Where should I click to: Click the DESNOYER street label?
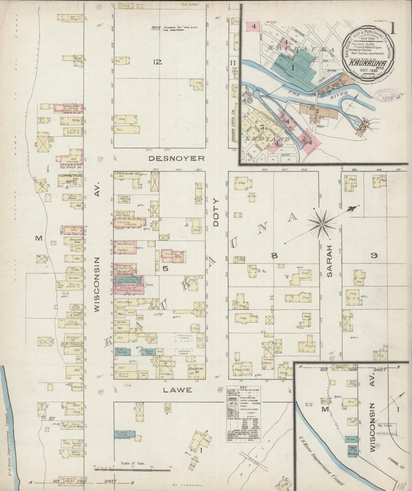tap(177, 158)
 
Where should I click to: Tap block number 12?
tap(157, 62)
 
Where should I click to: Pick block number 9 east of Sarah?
tap(374, 256)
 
